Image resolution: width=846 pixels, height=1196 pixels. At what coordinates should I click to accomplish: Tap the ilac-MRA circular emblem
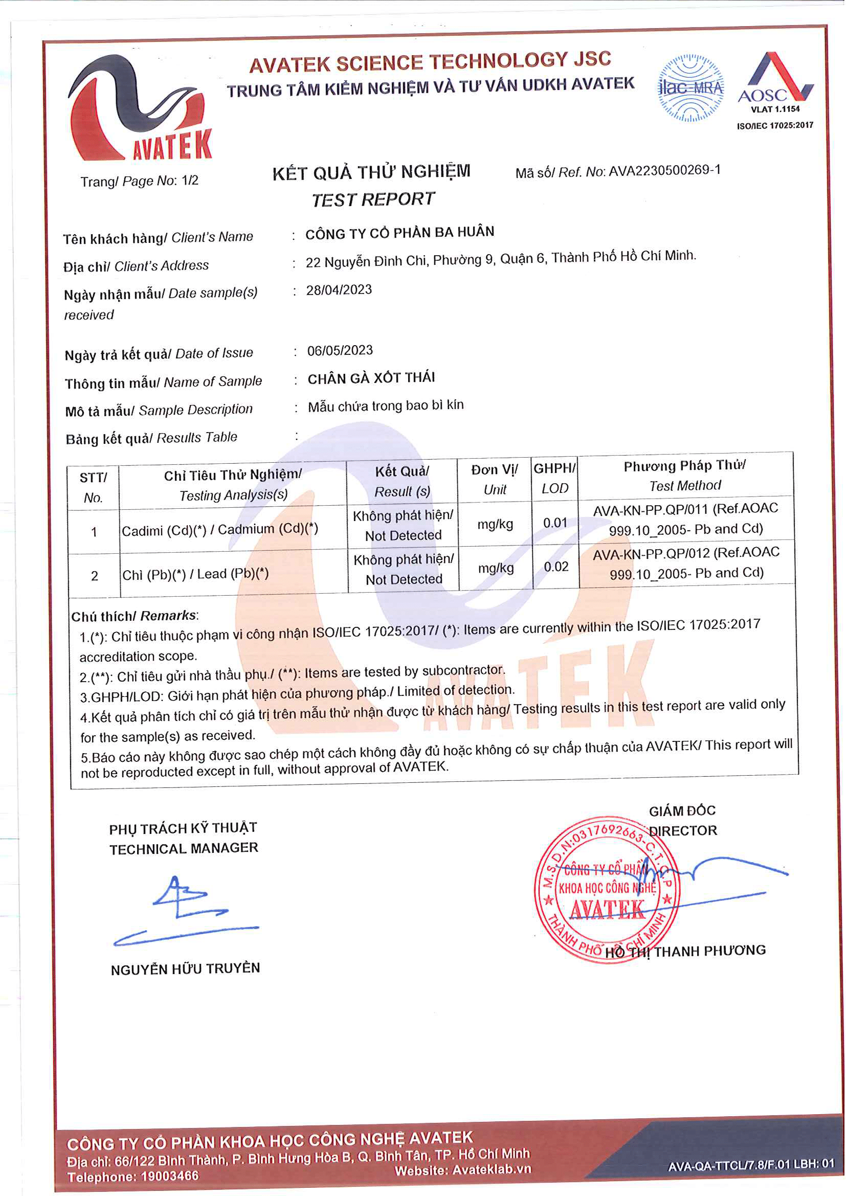691,88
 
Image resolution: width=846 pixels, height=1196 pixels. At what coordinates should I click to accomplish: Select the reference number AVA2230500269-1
665,170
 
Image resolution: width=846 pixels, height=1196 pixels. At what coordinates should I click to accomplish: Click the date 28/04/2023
339,289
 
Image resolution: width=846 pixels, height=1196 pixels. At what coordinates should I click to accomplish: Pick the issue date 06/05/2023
340,350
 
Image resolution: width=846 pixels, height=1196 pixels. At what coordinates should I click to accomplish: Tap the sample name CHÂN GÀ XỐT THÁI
371,378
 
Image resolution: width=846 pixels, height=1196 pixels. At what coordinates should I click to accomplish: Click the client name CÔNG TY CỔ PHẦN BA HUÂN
399,232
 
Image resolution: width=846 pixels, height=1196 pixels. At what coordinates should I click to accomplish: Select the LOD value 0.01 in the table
555,523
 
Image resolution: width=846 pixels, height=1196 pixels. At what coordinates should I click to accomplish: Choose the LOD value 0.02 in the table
556,567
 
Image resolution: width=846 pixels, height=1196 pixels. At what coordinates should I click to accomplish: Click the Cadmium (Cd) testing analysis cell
220,530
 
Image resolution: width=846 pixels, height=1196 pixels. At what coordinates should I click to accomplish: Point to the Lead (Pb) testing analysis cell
195,574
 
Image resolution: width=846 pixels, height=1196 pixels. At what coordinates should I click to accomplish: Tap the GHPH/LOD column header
554,478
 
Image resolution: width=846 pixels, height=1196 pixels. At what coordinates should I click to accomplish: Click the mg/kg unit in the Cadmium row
495,524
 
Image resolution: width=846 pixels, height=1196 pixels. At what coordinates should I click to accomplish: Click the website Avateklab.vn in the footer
492,1169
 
